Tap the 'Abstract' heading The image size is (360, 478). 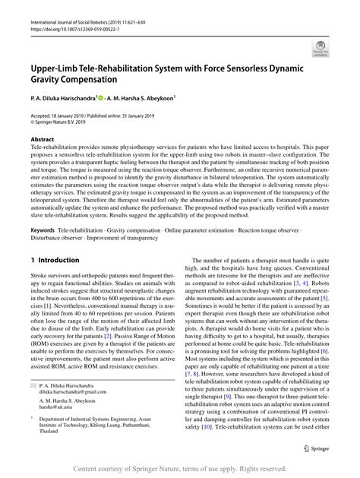(x=43, y=140)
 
